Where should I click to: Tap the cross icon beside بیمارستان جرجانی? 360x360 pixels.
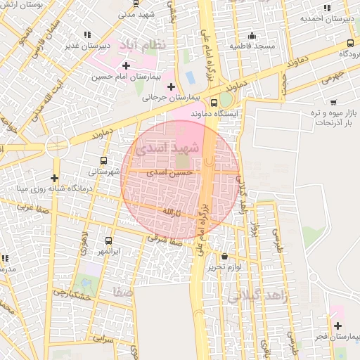click(x=171, y=86)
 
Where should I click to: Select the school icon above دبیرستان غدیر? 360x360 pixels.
click(x=87, y=34)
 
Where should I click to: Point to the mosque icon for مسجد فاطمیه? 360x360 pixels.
click(x=252, y=35)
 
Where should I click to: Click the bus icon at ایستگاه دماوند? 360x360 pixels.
click(x=214, y=103)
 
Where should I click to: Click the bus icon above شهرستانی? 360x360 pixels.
click(x=105, y=160)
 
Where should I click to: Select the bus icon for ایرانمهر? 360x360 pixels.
click(x=108, y=240)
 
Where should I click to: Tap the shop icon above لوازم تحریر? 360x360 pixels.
click(x=224, y=257)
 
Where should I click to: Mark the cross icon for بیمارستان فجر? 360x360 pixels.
click(x=338, y=326)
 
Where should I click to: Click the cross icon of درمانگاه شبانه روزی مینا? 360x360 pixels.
click(x=54, y=178)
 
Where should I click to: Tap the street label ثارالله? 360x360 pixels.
click(x=172, y=212)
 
